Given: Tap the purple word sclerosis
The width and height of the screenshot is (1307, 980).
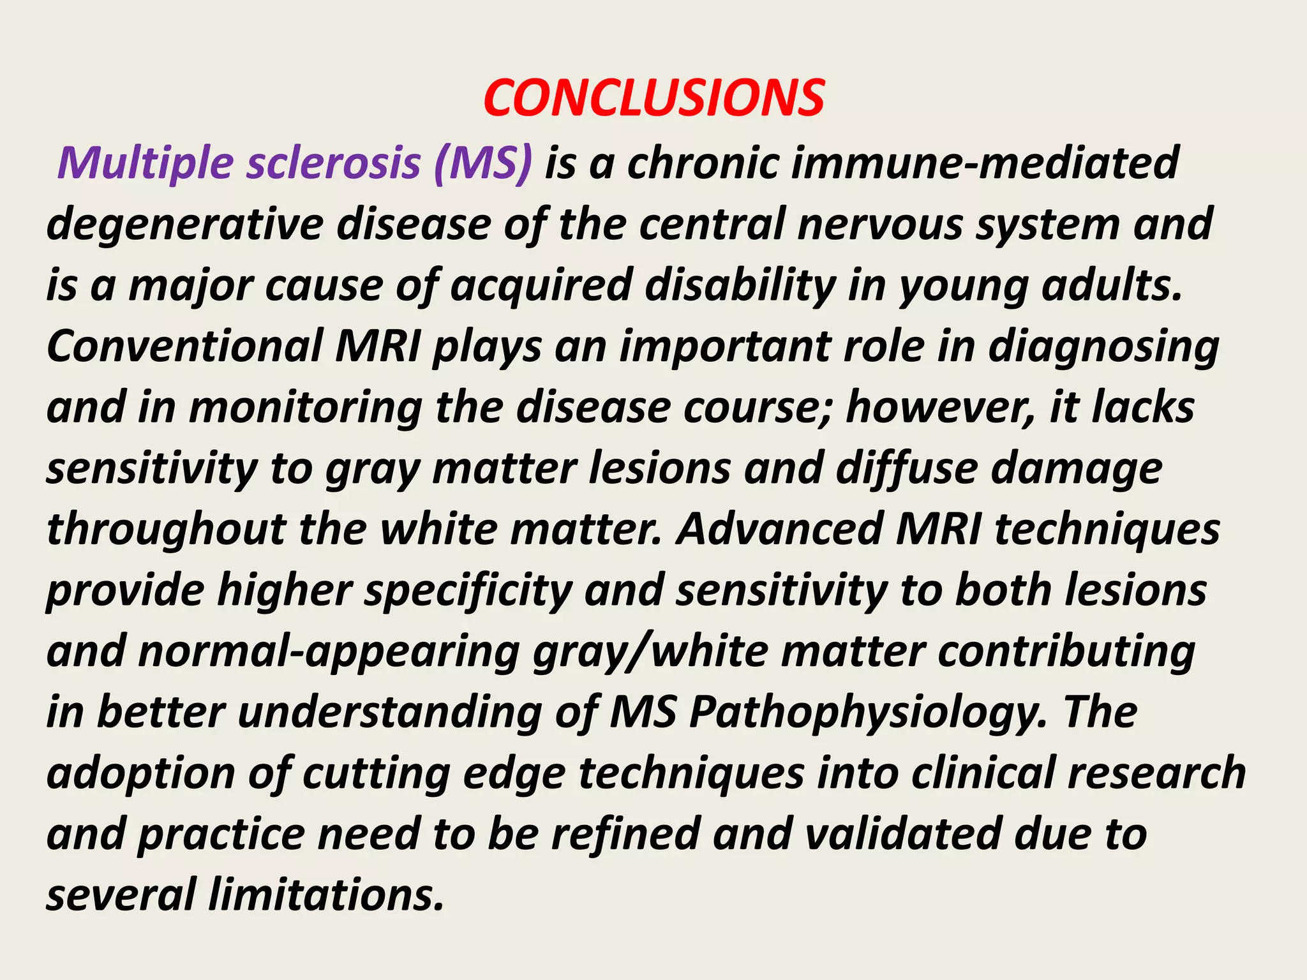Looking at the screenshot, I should coord(333,163).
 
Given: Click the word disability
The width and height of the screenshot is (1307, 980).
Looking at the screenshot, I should coord(740,285).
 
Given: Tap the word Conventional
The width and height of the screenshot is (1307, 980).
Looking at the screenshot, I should coord(185,346).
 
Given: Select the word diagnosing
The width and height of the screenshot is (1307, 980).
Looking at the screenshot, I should coord(1103,348).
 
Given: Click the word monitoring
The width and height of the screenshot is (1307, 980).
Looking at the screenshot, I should coord(306,408).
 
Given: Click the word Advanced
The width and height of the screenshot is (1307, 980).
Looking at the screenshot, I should coord(779,530).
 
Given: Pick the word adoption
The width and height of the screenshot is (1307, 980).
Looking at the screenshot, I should coord(140,773).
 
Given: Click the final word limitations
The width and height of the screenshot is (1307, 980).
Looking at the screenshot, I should coord(326,895).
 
